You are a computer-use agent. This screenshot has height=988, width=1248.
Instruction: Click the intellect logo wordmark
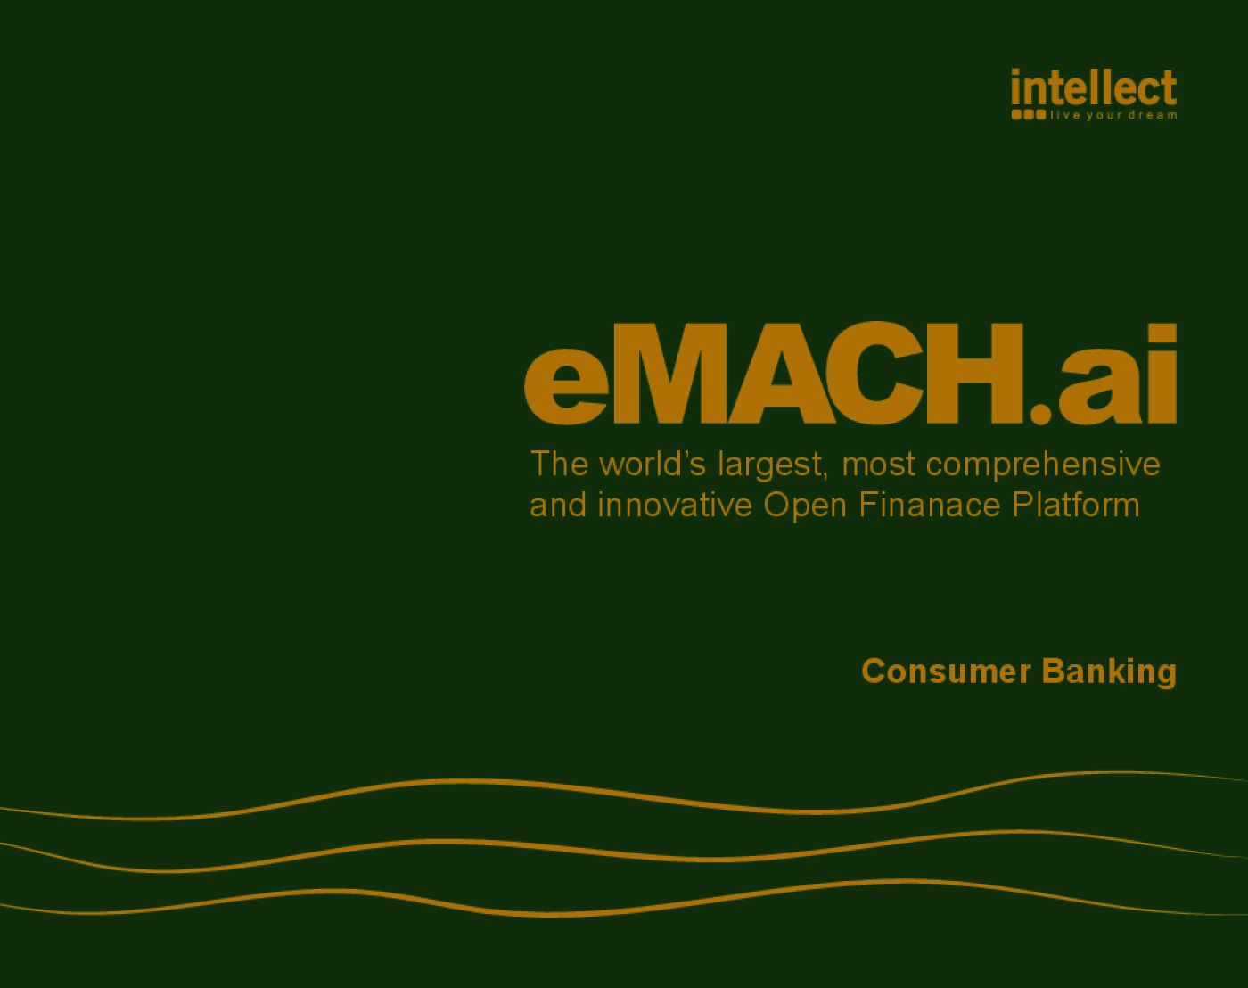click(x=1094, y=88)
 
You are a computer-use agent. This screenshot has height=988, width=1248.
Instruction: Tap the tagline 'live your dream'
click(x=1113, y=115)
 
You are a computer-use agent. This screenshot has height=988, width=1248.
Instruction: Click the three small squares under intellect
click(x=1028, y=115)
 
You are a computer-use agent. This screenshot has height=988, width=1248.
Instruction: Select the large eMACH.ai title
click(x=850, y=375)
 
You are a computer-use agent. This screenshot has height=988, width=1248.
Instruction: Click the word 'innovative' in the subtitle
click(x=675, y=506)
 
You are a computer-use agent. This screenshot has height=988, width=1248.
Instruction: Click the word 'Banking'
click(x=1109, y=672)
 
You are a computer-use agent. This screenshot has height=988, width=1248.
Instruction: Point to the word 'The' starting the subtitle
click(x=559, y=465)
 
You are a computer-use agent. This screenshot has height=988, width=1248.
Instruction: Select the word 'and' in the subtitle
click(x=558, y=506)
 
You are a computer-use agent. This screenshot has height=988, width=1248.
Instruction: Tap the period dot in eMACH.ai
click(x=1040, y=412)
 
